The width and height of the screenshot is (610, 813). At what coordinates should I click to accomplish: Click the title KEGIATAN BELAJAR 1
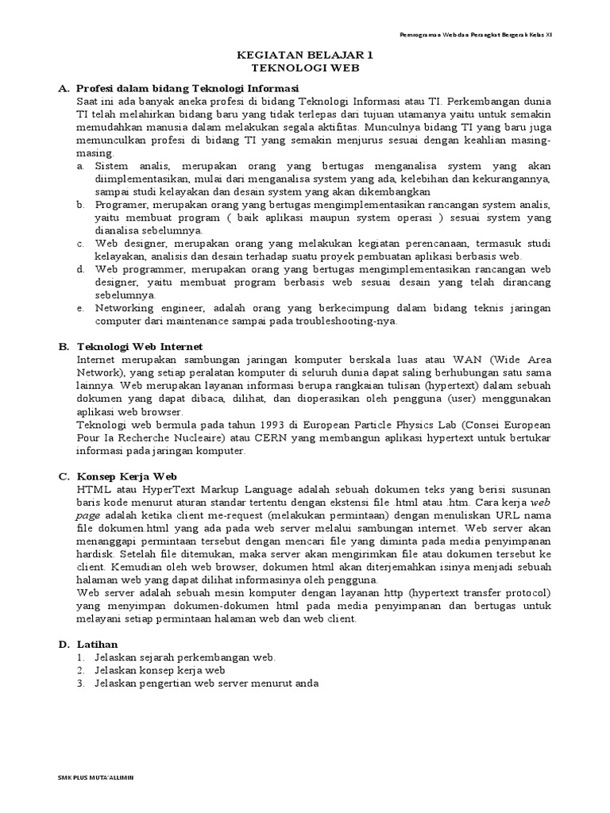click(305, 56)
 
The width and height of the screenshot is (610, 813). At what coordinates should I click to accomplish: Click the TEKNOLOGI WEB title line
click(305, 69)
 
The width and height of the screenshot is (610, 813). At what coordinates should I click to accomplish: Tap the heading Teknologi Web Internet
click(140, 347)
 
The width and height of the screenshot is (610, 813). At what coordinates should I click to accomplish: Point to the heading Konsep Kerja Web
click(126, 476)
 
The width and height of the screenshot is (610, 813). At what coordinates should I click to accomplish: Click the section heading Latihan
click(96, 643)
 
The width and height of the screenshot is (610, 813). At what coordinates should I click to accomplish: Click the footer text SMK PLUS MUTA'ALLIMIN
click(96, 777)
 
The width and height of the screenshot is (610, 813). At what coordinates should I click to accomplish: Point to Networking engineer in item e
click(143, 308)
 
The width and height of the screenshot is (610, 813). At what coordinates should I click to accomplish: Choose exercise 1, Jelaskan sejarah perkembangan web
click(185, 657)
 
